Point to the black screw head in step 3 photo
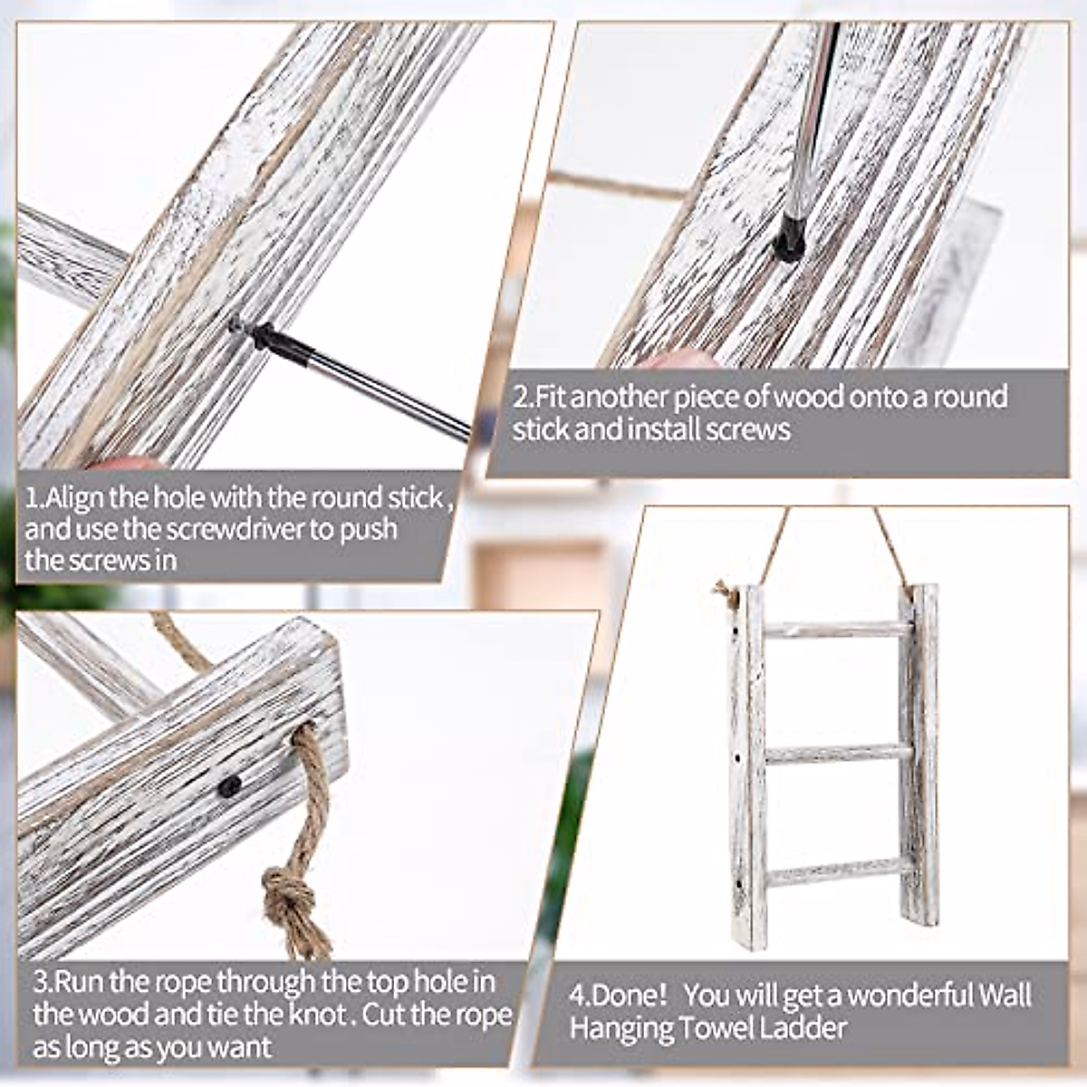(x=230, y=787)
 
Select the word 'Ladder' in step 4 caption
(x=803, y=1028)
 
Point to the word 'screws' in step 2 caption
(x=746, y=428)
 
